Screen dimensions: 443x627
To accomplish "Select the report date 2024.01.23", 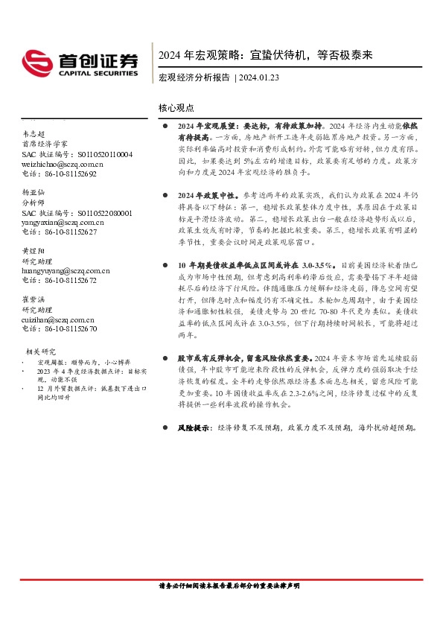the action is (x=261, y=77).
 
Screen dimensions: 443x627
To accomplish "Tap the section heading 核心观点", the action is (x=176, y=109).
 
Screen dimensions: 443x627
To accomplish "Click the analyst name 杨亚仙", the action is (x=34, y=192).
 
